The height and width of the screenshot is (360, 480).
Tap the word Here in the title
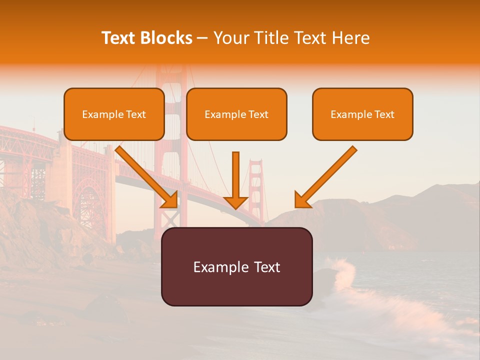[x=350, y=38]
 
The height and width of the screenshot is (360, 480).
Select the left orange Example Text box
[x=114, y=114]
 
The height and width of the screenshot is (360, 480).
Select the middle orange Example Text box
[x=236, y=114]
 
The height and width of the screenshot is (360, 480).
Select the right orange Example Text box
[x=362, y=114]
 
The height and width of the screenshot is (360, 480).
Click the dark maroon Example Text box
[x=236, y=266]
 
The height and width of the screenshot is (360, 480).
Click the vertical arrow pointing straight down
[x=236, y=175]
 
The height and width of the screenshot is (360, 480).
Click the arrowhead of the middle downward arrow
[x=236, y=202]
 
